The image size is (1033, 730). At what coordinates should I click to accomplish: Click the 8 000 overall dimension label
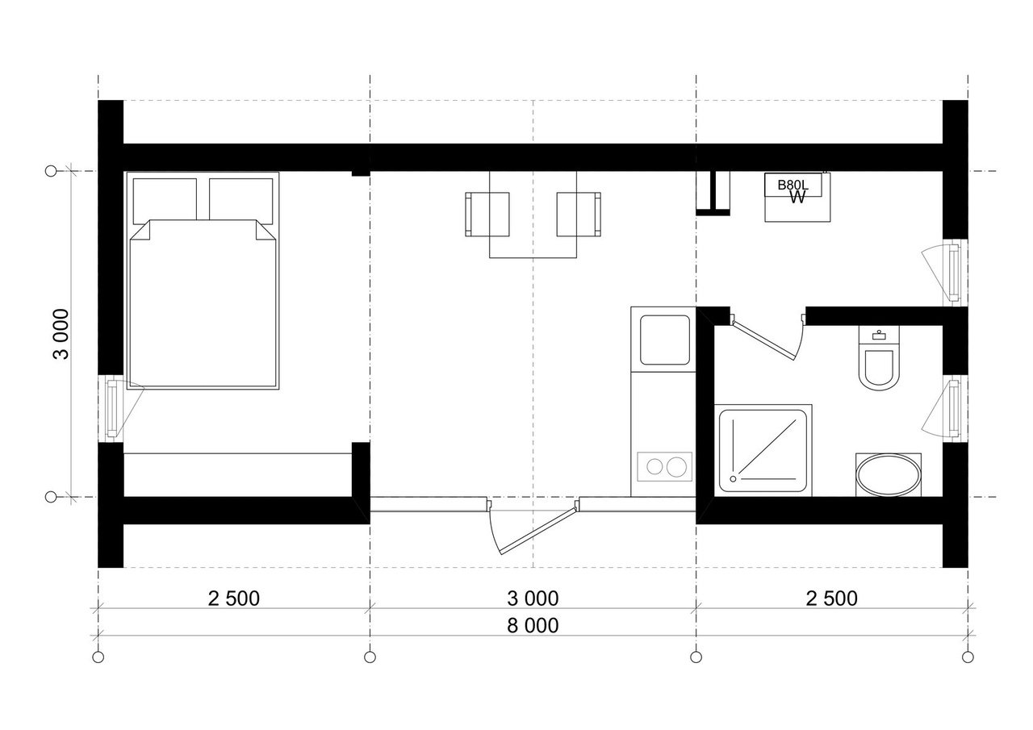click(x=533, y=626)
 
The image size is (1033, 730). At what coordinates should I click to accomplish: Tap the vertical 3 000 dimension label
click(x=61, y=334)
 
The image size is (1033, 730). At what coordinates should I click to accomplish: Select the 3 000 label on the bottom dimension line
click(x=533, y=599)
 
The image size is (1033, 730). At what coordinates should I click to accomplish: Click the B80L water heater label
click(x=793, y=185)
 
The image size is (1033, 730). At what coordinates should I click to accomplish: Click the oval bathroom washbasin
click(x=889, y=475)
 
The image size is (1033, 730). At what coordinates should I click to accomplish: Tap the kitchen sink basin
click(x=664, y=340)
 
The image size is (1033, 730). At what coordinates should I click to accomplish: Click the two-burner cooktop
click(x=664, y=467)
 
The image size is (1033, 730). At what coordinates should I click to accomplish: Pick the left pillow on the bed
click(x=165, y=201)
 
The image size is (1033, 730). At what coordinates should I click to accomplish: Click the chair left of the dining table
click(x=487, y=215)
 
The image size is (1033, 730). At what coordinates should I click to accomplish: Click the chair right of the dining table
click(x=579, y=215)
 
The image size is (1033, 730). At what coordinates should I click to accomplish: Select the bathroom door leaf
click(x=763, y=340)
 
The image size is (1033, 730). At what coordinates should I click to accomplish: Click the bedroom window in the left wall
click(x=112, y=408)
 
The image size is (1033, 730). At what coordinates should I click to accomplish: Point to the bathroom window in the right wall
click(x=954, y=408)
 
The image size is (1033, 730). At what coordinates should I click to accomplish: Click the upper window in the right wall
click(x=954, y=273)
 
